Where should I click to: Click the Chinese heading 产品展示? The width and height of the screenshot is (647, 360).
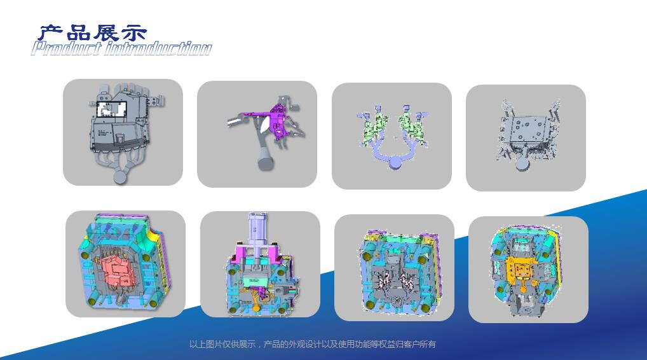[93, 32]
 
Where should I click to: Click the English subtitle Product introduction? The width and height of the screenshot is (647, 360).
[121, 48]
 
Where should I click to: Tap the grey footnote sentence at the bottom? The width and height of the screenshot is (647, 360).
[313, 344]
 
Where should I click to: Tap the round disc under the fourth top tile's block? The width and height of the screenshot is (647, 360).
[523, 165]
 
